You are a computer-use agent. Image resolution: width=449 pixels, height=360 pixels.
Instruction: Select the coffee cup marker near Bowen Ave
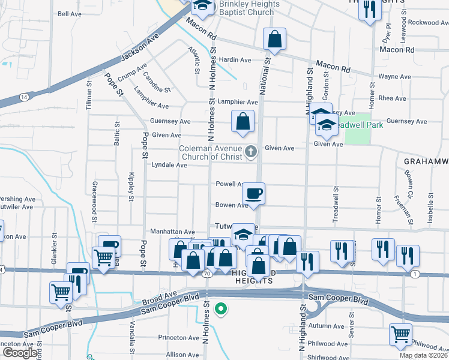pyautogui.click(x=253, y=194)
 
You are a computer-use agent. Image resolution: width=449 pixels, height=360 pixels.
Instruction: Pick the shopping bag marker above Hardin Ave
pyautogui.click(x=274, y=40)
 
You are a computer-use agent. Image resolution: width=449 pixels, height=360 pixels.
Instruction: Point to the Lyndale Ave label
pyautogui.click(x=169, y=164)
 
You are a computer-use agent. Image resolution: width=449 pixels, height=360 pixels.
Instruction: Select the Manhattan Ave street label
pyautogui.click(x=172, y=232)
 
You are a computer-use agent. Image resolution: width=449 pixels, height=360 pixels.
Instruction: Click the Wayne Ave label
pyautogui.click(x=394, y=77)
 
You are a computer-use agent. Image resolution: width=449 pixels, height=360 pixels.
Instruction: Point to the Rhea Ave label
pyautogui.click(x=393, y=98)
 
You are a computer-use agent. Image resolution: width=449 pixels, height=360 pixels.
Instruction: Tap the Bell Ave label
pyautogui.click(x=69, y=13)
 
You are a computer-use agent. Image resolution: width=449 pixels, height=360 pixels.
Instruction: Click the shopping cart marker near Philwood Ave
pyautogui.click(x=400, y=334)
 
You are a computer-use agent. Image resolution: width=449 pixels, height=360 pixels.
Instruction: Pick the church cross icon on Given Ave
pyautogui.click(x=252, y=152)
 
